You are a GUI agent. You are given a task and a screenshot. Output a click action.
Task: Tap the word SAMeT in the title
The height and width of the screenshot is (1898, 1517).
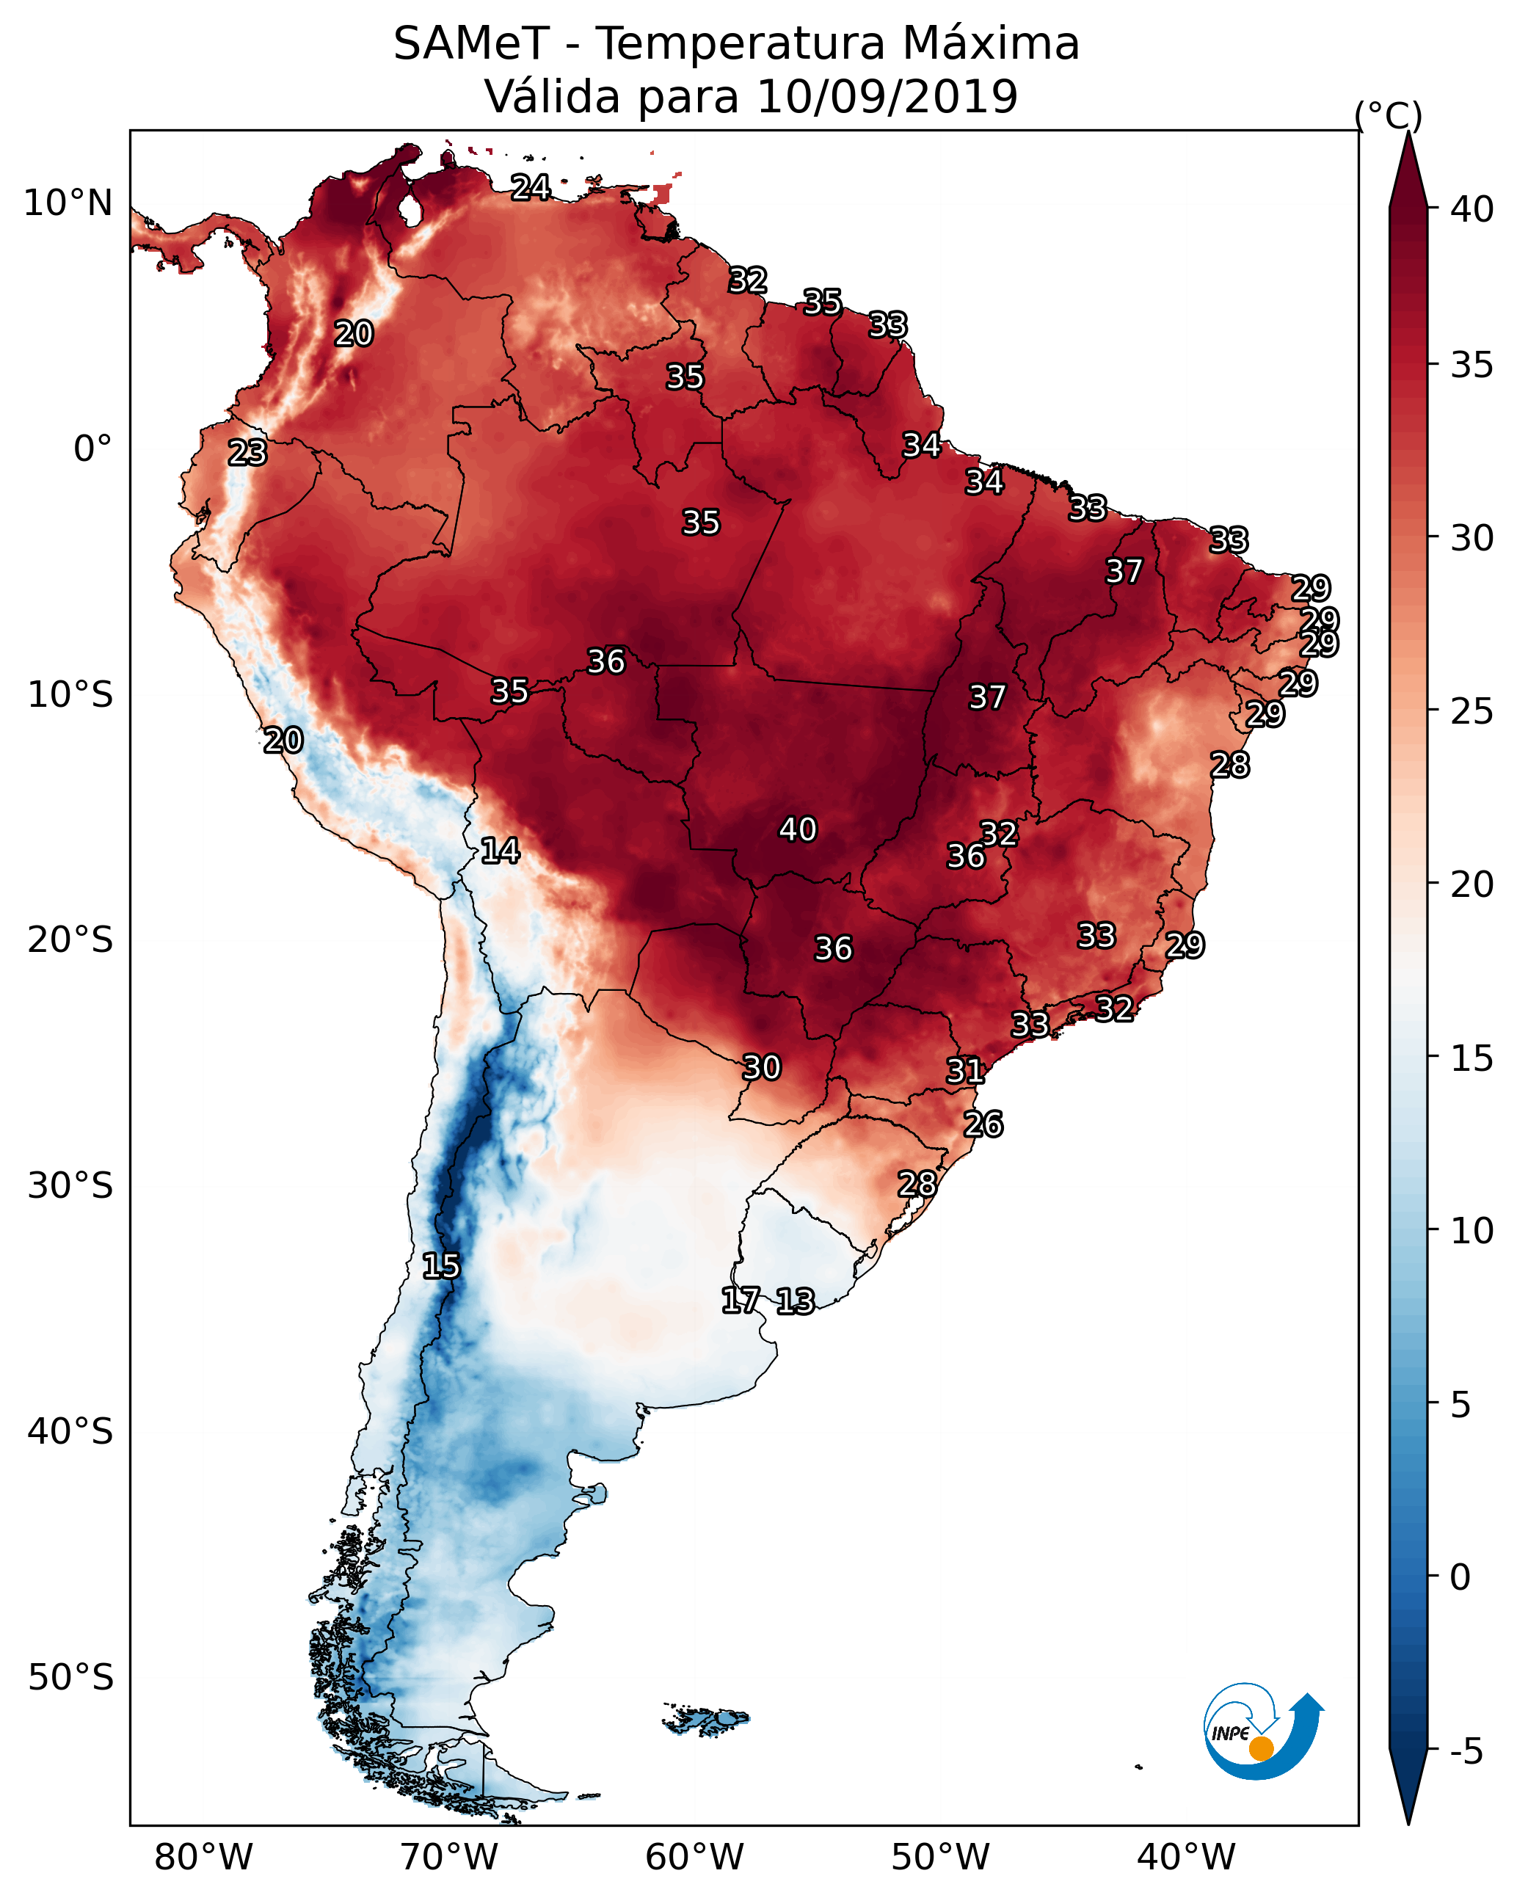[x=471, y=44]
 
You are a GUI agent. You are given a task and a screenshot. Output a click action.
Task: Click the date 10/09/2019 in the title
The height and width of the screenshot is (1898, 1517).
[x=887, y=97]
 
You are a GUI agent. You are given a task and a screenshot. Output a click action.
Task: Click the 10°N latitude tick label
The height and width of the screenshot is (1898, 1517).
[x=68, y=203]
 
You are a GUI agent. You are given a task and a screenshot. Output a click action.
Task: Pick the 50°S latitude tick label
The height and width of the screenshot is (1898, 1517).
[x=70, y=1678]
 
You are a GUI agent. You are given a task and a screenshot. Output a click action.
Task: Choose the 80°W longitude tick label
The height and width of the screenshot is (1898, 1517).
[x=203, y=1857]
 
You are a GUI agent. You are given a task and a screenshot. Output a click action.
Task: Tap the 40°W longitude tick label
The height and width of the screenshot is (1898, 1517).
[x=1186, y=1857]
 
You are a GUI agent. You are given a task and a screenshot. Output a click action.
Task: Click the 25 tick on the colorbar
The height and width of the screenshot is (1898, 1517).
[x=1472, y=710]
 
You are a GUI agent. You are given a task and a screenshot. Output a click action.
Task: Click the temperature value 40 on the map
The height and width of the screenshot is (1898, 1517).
[x=798, y=829]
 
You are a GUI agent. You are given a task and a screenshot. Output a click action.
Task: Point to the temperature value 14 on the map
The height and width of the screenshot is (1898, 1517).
[x=500, y=851]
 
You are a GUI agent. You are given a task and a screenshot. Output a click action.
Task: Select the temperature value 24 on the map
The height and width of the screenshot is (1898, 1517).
[x=531, y=187]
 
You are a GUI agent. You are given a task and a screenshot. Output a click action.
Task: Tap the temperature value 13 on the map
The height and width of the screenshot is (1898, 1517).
[x=795, y=1301]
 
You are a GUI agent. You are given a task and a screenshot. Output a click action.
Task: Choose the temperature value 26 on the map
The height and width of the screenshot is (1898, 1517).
[x=983, y=1124]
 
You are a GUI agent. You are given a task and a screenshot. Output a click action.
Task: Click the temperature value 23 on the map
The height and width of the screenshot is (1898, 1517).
[x=247, y=453]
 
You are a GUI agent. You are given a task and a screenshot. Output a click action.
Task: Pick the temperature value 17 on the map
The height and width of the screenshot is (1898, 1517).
[x=741, y=1301]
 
